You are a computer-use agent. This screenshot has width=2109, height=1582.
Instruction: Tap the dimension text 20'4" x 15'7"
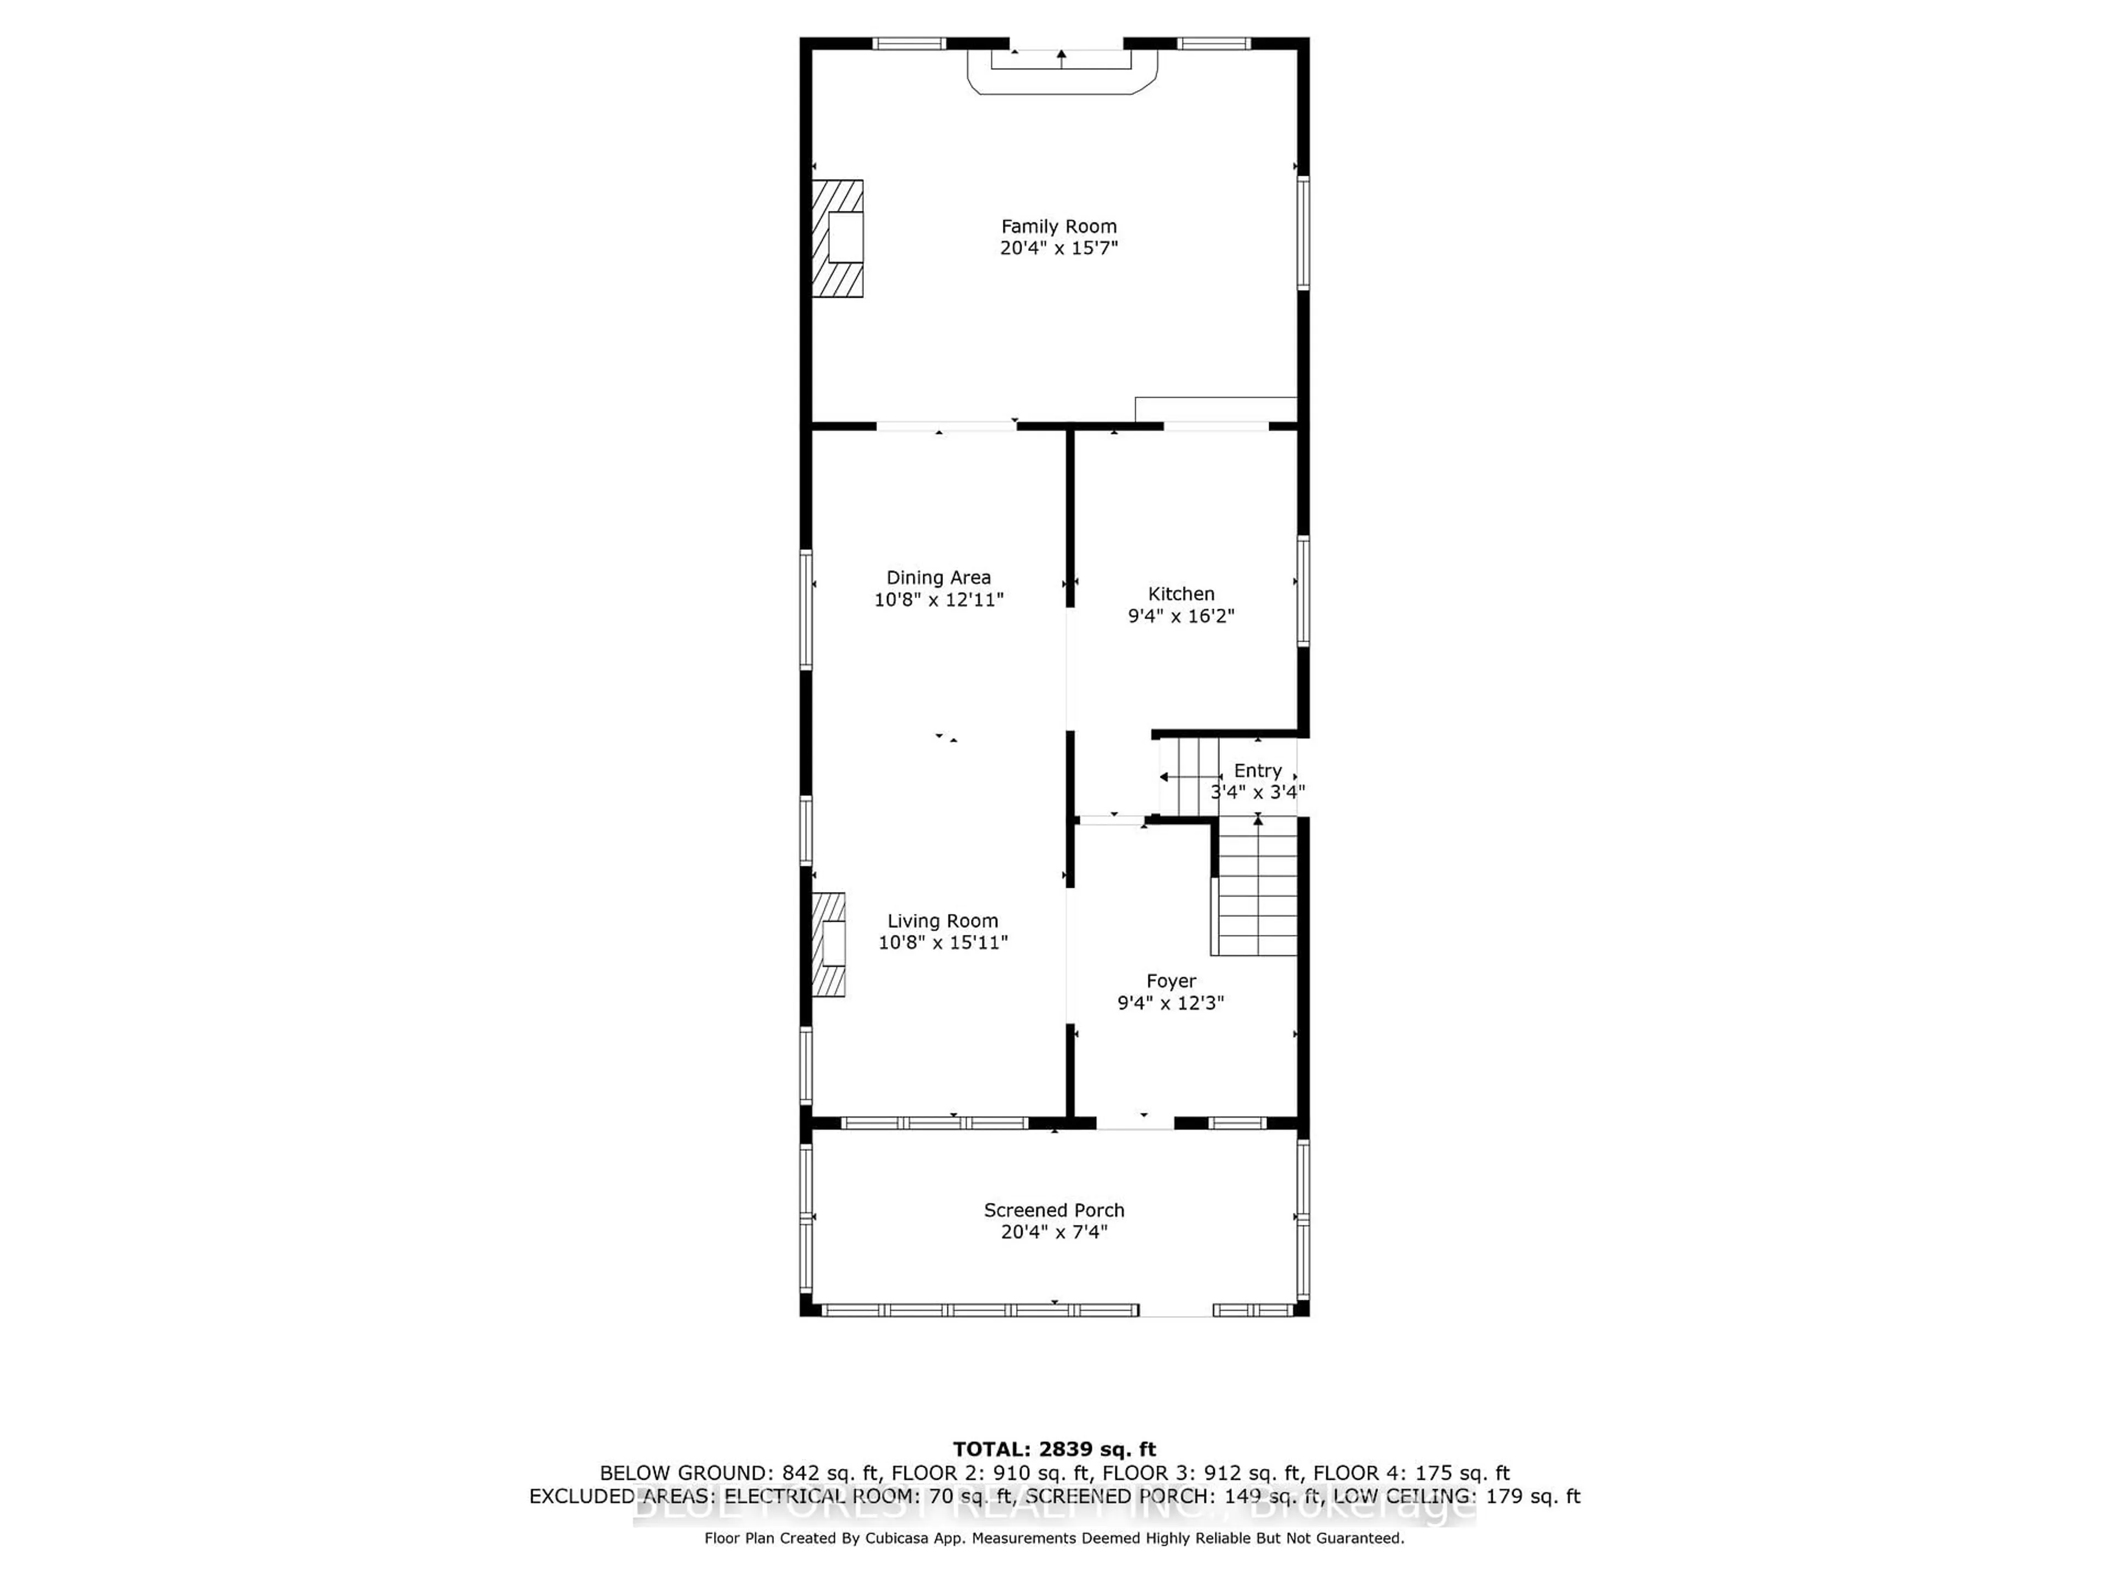1058,248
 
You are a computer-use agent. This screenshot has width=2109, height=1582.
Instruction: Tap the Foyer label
1171,981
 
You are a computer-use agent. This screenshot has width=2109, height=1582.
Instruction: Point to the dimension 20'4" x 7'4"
1053,1232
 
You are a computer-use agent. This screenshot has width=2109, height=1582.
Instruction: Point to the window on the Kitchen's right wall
1302,591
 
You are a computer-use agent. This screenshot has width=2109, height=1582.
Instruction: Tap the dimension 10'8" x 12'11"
938,600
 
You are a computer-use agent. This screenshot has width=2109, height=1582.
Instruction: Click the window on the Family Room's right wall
1302,233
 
